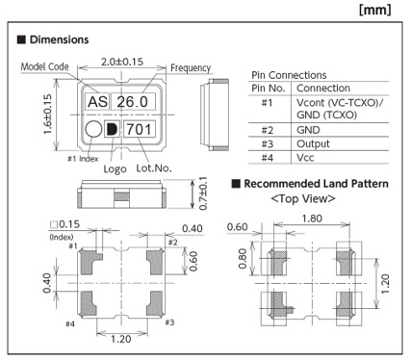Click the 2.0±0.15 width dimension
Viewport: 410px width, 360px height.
point(122,62)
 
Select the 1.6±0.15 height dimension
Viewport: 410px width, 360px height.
point(47,115)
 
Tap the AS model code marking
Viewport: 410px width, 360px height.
point(97,102)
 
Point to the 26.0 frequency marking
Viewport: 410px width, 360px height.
point(132,102)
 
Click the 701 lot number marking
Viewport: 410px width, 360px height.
point(139,129)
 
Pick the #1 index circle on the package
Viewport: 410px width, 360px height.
point(93,129)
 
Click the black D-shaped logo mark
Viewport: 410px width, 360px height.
point(112,129)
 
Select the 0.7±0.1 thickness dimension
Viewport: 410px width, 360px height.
point(203,193)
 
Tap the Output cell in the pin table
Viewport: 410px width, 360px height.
point(313,143)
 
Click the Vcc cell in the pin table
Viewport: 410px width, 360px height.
point(305,158)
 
